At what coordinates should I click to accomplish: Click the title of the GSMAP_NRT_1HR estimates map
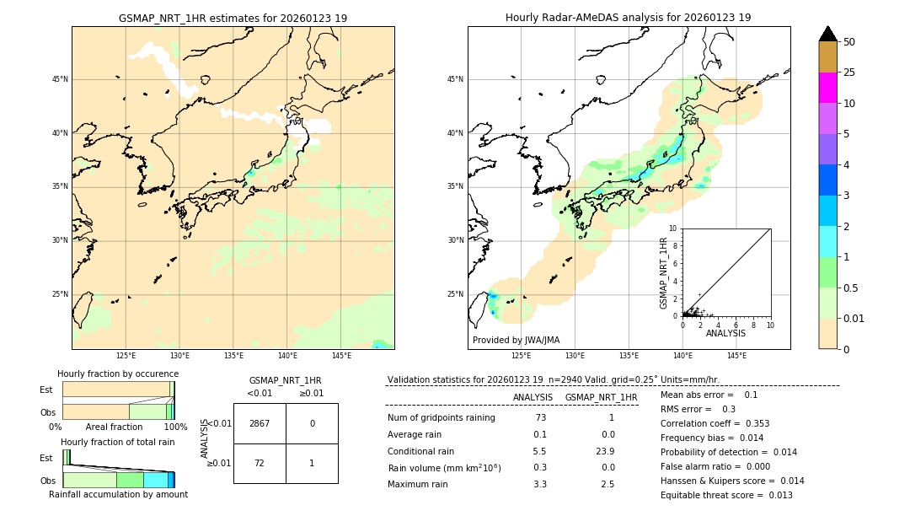pos(233,18)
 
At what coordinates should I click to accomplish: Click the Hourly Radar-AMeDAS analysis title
pos(629,18)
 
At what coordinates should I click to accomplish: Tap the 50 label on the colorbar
pos(849,41)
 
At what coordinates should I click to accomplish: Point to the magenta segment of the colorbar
pos(828,88)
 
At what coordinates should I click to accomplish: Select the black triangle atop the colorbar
pos(828,34)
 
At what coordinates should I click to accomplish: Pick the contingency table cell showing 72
pos(260,463)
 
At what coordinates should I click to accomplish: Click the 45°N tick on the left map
pos(60,79)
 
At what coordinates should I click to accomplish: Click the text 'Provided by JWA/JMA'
pos(516,341)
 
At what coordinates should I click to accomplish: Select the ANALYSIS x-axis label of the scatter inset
pos(725,334)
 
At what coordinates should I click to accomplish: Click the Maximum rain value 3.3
pos(539,485)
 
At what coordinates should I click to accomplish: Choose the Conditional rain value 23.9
pos(602,451)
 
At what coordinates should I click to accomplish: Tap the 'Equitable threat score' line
pos(726,495)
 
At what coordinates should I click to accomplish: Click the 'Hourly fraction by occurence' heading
pos(118,374)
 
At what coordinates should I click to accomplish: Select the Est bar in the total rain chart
pos(66,457)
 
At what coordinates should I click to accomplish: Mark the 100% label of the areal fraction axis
pos(174,427)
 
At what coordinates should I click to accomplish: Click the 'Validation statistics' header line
pos(553,379)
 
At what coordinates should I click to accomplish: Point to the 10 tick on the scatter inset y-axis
pos(673,228)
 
